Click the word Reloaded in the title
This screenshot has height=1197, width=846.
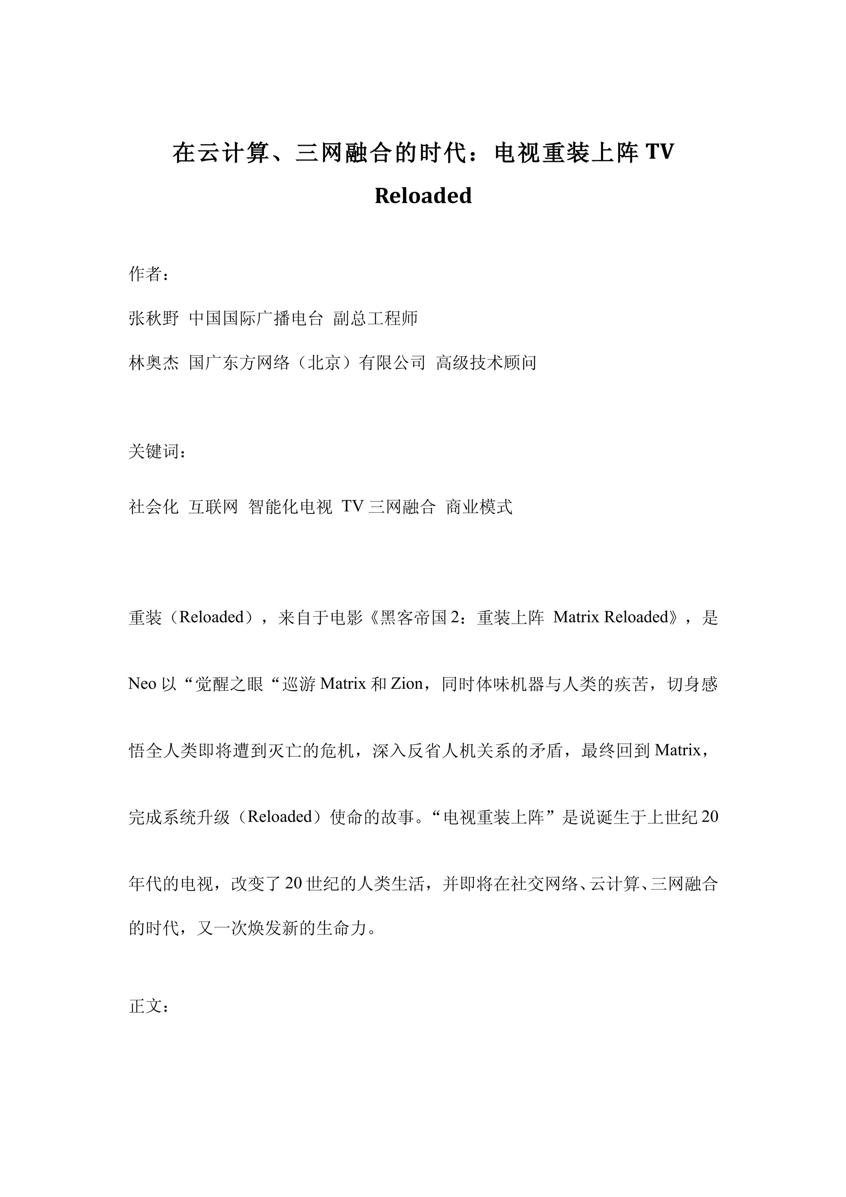point(423,196)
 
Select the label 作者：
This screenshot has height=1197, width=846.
point(149,274)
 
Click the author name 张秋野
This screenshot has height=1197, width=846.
point(154,318)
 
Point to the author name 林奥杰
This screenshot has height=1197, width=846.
point(154,363)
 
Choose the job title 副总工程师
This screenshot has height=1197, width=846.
point(375,318)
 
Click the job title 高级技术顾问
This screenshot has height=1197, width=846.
point(486,363)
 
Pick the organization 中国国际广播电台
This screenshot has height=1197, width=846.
point(256,318)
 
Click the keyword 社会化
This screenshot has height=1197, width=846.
point(154,507)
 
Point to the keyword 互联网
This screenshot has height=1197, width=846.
point(213,507)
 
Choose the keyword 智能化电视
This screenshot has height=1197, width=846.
point(290,507)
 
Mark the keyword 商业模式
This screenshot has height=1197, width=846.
point(479,507)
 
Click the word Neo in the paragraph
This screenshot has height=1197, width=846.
point(142,684)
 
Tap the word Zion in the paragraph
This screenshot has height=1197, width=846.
point(406,684)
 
